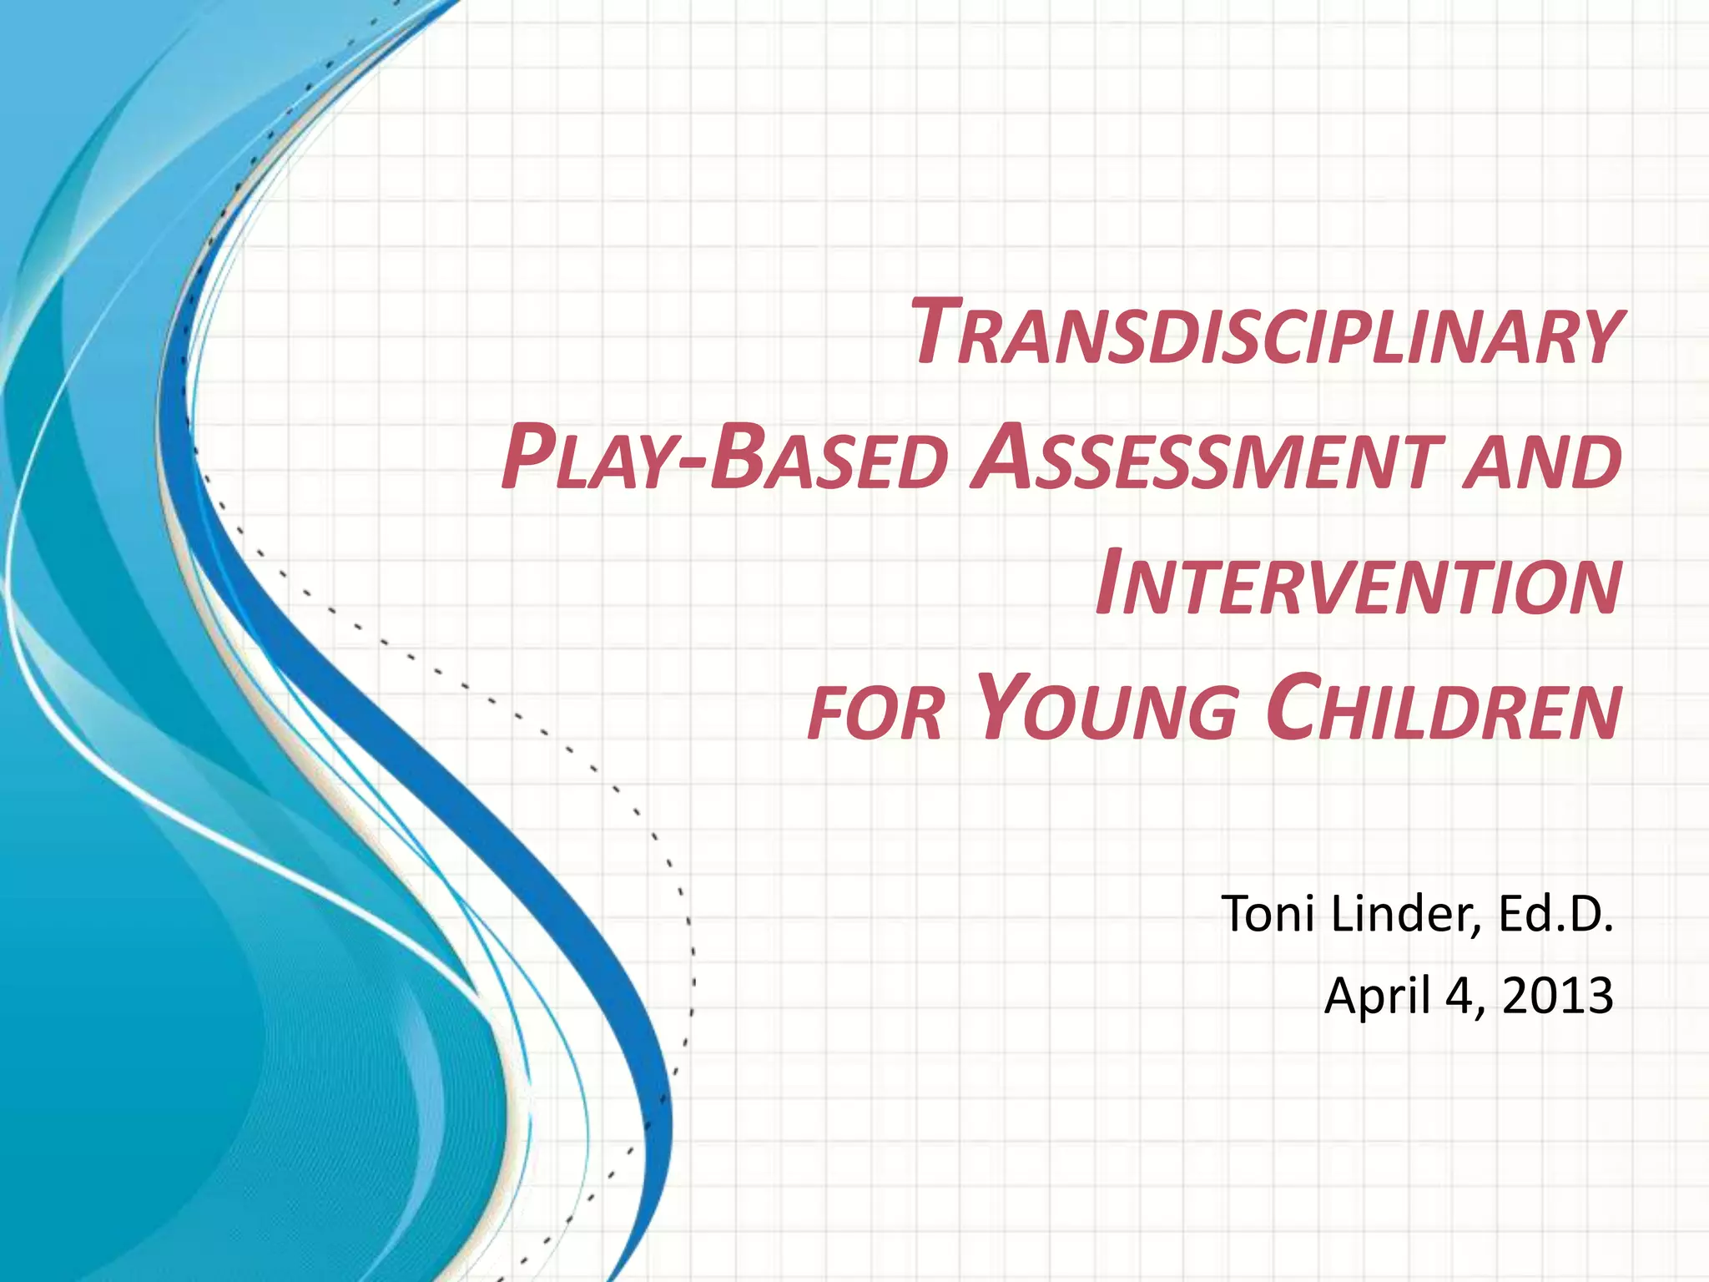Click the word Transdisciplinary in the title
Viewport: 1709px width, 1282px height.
(x=1265, y=334)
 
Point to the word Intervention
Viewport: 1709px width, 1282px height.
(x=1359, y=584)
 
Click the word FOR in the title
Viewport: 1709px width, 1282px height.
(x=875, y=714)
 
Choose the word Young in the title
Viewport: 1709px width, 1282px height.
(x=1106, y=709)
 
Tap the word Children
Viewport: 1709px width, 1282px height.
(x=1443, y=709)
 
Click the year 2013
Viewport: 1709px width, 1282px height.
(x=1557, y=996)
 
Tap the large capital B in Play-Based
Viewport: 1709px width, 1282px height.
(x=739, y=457)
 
